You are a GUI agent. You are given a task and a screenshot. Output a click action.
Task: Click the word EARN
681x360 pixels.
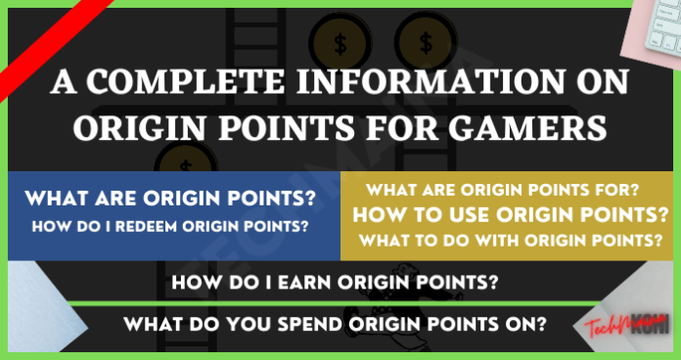click(304, 284)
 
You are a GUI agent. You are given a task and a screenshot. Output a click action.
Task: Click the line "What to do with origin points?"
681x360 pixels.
click(507, 240)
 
